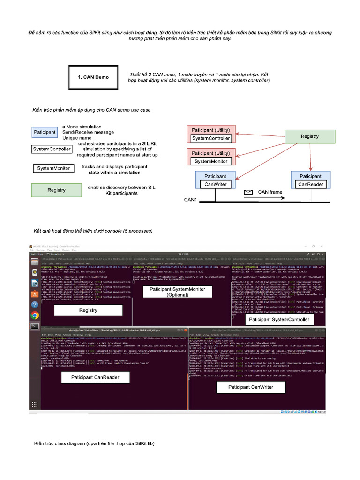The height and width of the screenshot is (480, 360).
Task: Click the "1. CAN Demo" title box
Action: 93,77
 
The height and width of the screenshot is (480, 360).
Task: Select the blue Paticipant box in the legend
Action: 45,132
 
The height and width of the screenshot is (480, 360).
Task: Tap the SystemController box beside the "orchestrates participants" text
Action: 52,149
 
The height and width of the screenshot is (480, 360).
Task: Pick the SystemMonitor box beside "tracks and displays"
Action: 53,168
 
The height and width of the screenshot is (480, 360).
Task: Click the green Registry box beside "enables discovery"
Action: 56,190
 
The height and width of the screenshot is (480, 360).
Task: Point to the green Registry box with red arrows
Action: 309,136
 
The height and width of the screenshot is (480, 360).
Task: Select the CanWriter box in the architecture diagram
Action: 215,184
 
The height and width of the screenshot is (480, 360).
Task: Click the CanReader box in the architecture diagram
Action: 311,184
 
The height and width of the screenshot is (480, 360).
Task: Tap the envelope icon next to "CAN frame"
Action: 248,192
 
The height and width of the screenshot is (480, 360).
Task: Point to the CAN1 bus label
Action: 191,200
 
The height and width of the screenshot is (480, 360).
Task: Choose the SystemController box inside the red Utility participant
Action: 211,138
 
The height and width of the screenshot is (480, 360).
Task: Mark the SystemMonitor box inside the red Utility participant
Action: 211,161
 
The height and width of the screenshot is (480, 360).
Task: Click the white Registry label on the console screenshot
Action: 88,310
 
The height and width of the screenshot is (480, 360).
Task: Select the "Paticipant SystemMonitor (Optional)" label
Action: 171,292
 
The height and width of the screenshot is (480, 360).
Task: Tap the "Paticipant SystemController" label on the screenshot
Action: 279,319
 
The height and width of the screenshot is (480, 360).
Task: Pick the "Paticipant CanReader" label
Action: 95,377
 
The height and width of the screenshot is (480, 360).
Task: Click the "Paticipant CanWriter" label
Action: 251,387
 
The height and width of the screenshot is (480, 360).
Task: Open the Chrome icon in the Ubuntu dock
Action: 35,315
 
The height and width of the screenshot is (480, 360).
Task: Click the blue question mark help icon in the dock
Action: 35,305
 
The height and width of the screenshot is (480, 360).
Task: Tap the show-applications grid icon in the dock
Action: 35,404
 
